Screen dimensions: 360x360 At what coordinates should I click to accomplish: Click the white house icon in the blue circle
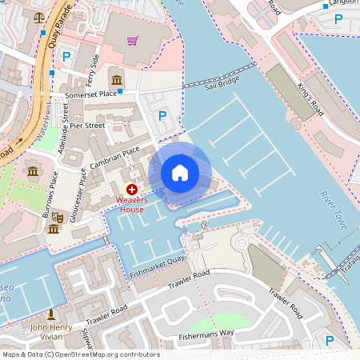click(180, 172)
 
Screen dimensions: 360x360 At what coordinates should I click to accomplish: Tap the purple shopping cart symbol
click(132, 41)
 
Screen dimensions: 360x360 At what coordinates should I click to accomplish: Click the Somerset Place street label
click(90, 94)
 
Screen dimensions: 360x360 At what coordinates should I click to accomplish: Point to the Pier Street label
click(87, 125)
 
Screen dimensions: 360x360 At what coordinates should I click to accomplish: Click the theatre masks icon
click(58, 216)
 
